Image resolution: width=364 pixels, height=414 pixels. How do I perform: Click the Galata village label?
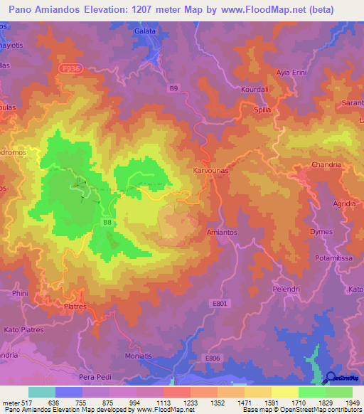[x=144, y=32]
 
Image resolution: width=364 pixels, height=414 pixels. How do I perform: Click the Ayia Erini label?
[x=291, y=73]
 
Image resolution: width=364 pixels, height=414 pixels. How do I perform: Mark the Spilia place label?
[x=263, y=111]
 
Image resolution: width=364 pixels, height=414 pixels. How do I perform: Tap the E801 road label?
[x=220, y=303]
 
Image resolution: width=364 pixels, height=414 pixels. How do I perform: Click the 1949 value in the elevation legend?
[x=352, y=403]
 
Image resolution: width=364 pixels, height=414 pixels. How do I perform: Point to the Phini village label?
[x=20, y=292]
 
